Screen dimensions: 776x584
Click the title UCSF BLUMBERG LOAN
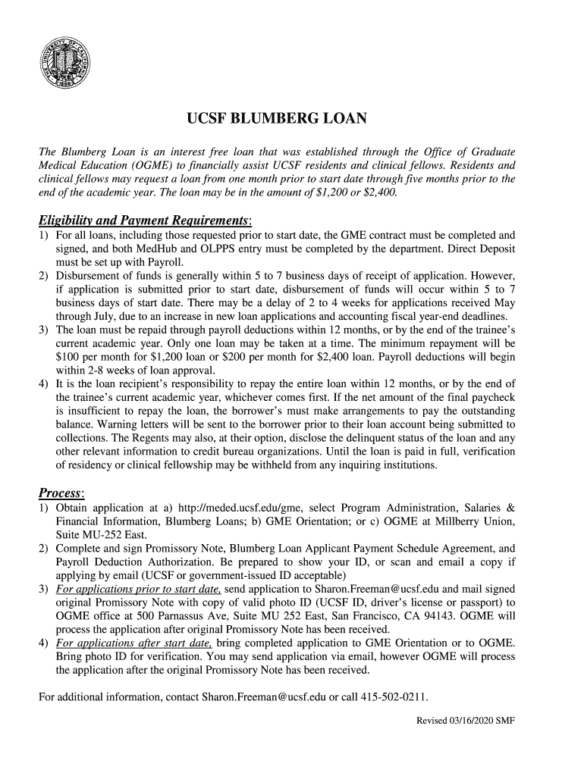[277, 119]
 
